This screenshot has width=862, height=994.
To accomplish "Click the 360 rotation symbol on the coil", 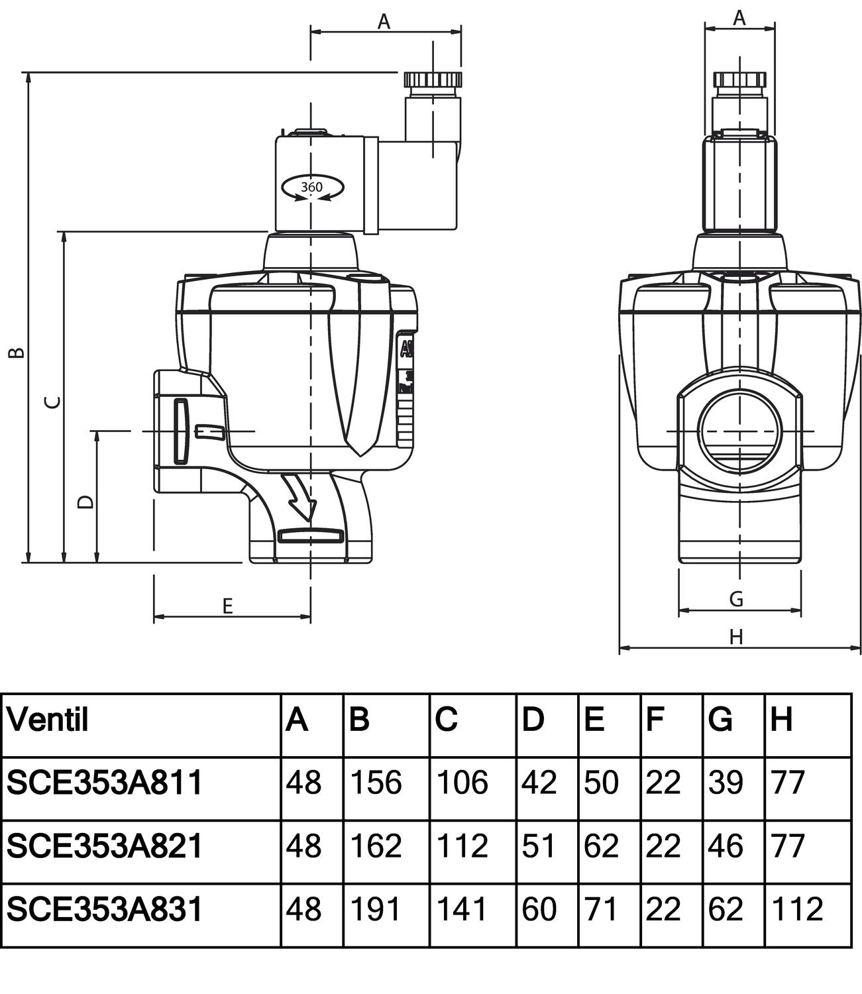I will point(311,188).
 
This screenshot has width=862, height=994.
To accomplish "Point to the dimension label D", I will point(85,502).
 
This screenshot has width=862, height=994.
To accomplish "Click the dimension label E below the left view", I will point(227,606).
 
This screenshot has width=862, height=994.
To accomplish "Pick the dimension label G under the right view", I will point(736,599).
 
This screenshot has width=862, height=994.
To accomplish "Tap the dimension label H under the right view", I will point(736,637).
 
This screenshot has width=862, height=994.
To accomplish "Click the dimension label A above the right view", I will point(739,18).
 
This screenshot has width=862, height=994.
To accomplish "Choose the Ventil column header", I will point(48,719).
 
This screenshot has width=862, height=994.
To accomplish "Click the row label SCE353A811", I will point(105,783).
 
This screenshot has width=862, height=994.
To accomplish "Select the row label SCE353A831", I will point(105,909).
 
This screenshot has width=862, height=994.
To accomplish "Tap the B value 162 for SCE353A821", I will point(376,846).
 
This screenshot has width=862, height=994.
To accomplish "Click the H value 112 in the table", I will point(797,909).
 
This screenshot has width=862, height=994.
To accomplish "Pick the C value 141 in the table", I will point(462,909).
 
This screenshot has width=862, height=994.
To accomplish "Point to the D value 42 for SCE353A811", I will point(539,783).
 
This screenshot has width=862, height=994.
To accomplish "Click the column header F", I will point(655,719).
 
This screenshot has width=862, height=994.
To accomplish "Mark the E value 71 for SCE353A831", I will point(601,909).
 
